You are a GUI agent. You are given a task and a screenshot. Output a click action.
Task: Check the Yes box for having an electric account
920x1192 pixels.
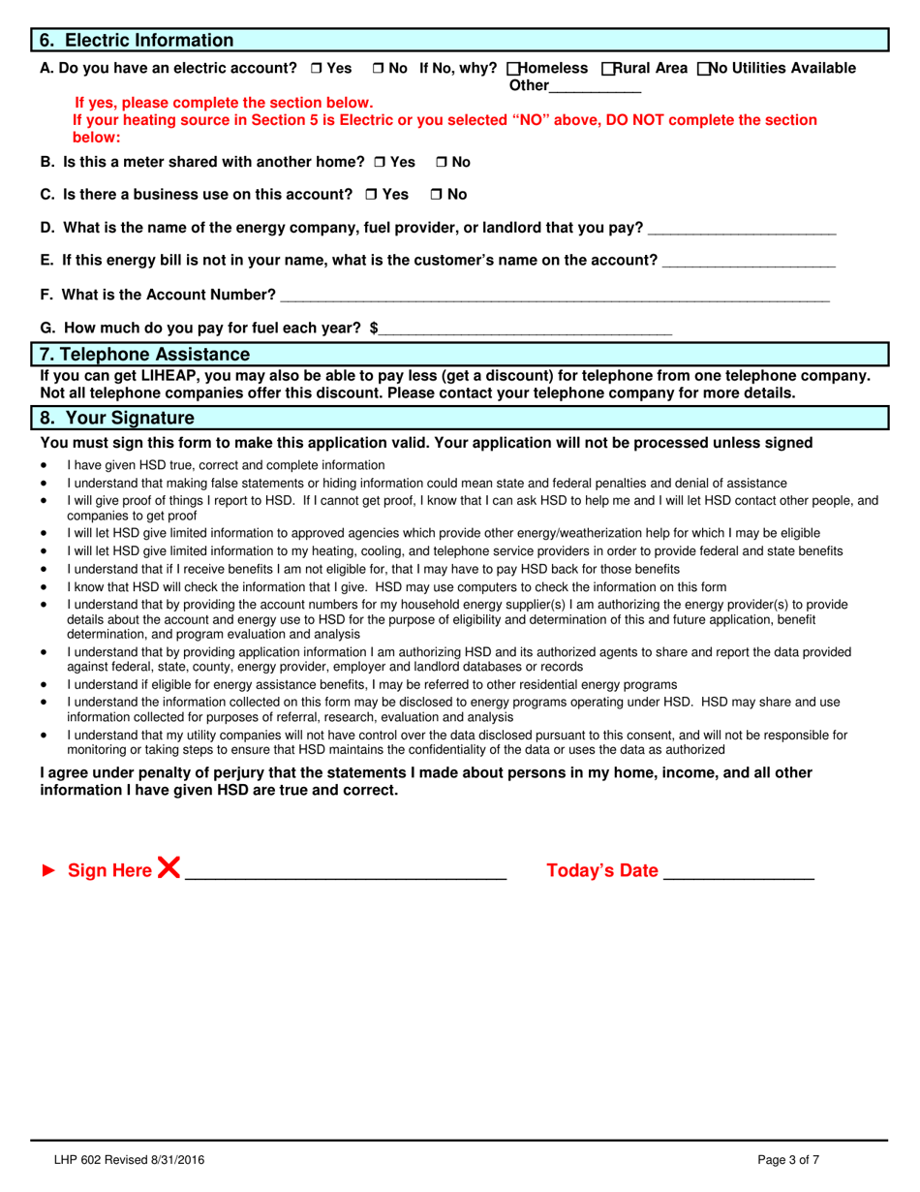coord(317,69)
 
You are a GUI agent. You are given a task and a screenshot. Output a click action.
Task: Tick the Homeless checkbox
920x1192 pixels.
coord(513,69)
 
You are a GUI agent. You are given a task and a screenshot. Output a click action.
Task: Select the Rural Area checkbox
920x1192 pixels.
coord(607,69)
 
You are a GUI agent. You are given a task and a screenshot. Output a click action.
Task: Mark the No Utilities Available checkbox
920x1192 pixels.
coord(704,69)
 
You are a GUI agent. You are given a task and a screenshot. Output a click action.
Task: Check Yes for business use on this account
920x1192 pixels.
coord(372,195)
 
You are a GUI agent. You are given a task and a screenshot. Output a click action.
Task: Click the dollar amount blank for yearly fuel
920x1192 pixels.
coord(526,329)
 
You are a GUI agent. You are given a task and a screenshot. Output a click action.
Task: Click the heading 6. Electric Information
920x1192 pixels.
coord(137,41)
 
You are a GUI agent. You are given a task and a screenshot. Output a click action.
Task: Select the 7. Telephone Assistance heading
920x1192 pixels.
coord(144,355)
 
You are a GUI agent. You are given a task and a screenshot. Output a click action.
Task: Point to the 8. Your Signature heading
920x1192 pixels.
coord(117,419)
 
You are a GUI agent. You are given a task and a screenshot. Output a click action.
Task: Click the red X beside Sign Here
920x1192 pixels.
coord(169,868)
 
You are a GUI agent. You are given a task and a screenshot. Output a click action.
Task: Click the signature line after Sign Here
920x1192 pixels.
coord(346,872)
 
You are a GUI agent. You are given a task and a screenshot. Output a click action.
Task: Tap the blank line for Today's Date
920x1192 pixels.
coord(739,872)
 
